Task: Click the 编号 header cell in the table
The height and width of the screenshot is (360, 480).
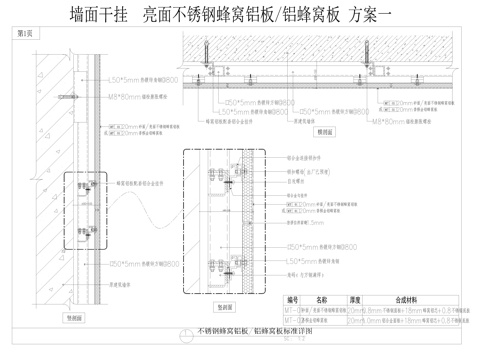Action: tap(293, 299)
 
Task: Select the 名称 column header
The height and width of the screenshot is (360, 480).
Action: tap(322, 299)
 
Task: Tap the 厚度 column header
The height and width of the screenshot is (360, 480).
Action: tap(355, 299)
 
